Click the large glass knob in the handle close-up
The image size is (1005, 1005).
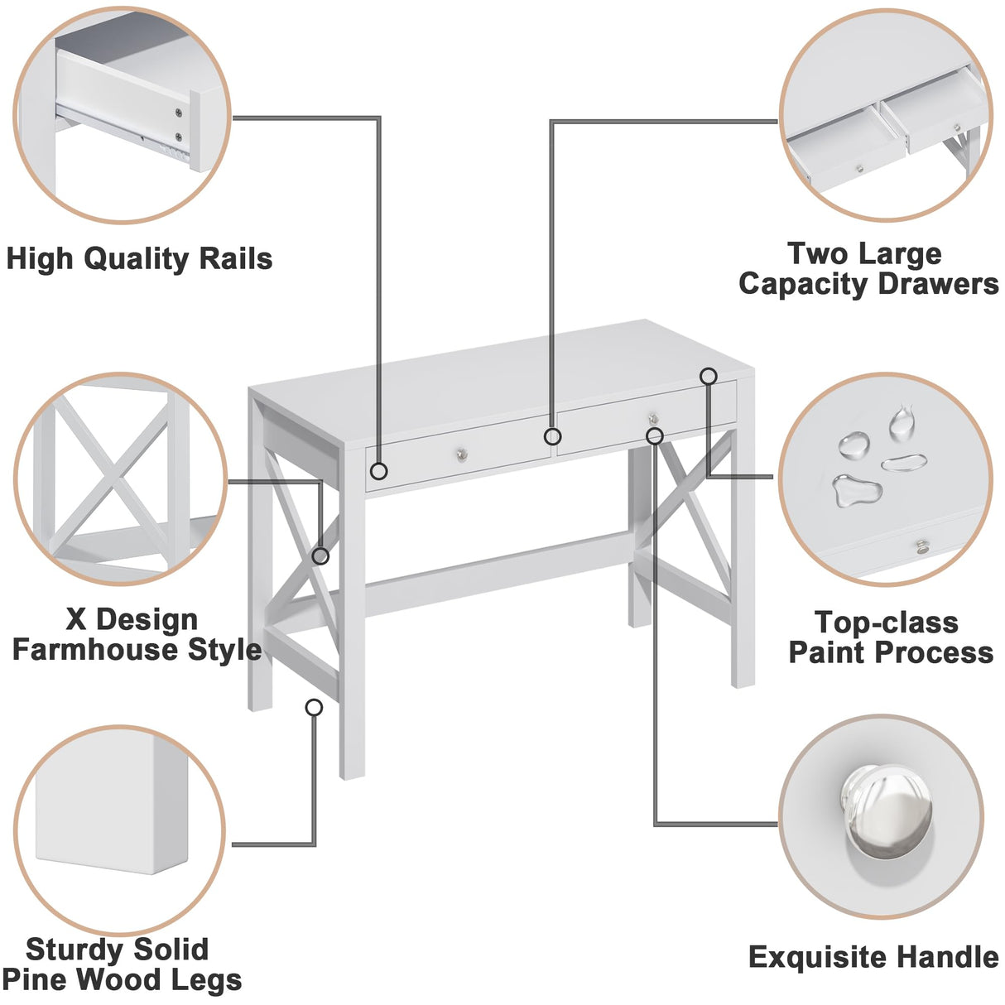click(886, 810)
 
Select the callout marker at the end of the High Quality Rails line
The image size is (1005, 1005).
click(378, 471)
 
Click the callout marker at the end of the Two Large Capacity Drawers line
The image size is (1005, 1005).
click(552, 436)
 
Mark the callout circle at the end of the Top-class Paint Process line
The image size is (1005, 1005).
click(708, 377)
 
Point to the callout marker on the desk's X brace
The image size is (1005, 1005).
click(320, 556)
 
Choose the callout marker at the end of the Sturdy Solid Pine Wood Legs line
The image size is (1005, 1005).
click(314, 708)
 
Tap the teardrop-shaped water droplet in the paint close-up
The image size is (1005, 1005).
click(901, 424)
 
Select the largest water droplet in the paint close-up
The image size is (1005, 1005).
click(856, 491)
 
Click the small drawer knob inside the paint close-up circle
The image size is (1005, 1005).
click(920, 546)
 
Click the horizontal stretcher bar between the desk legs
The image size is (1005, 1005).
click(497, 571)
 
